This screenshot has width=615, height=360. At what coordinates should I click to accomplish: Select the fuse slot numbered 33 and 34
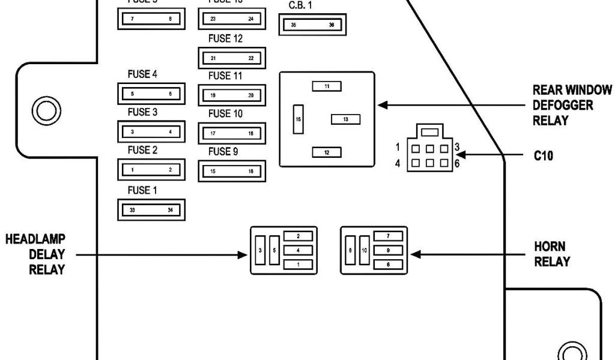(x=151, y=209)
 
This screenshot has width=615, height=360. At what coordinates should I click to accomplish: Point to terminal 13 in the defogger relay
(x=345, y=119)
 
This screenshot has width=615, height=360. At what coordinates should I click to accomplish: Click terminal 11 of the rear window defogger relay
(x=327, y=86)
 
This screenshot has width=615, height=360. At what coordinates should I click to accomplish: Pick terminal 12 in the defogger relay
(x=327, y=152)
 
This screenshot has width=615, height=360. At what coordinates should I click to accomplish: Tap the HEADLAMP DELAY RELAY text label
(x=35, y=254)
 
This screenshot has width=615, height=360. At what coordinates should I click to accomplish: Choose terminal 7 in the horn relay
(x=389, y=236)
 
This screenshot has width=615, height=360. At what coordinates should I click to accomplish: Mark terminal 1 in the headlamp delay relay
(x=298, y=264)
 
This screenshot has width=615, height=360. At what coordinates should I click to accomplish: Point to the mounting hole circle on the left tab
(x=44, y=110)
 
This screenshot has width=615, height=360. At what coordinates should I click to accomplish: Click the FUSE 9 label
(x=223, y=152)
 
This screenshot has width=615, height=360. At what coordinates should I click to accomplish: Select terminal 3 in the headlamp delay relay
(x=259, y=250)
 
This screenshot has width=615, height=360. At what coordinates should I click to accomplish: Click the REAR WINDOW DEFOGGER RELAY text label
(x=572, y=105)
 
